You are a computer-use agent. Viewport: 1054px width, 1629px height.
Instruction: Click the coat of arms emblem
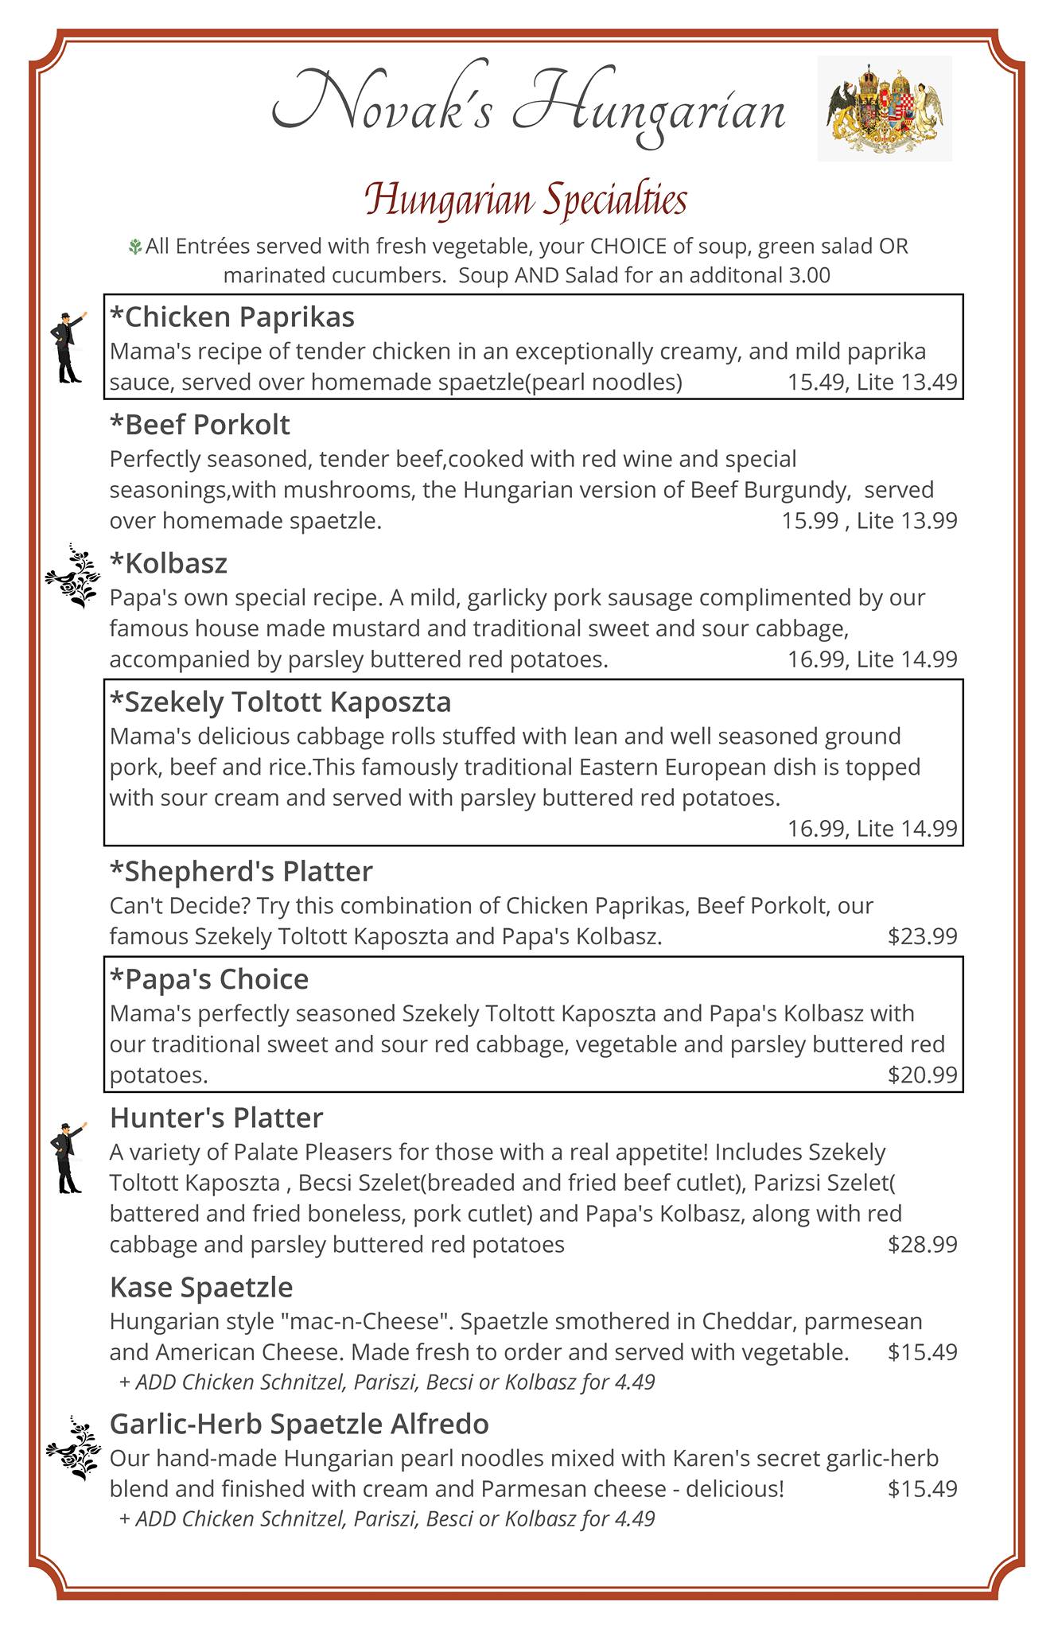point(885,108)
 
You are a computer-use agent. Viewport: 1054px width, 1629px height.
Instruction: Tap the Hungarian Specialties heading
point(526,200)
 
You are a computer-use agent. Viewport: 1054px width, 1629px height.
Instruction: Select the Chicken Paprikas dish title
point(232,317)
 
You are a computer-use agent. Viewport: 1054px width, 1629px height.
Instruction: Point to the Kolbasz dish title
point(169,563)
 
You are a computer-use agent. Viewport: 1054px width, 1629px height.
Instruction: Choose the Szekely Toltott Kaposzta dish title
point(280,702)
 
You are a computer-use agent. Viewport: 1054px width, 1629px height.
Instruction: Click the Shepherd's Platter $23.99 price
point(922,936)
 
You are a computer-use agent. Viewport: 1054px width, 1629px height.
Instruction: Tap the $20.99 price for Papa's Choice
point(922,1075)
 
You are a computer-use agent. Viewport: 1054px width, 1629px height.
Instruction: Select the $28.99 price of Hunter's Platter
point(922,1244)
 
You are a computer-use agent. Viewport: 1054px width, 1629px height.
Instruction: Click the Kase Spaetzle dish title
point(201,1287)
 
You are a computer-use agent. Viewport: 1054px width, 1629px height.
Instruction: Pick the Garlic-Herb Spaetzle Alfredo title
point(299,1424)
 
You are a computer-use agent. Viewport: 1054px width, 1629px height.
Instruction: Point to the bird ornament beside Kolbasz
point(72,577)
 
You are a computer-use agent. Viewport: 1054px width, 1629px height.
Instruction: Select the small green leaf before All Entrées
point(135,247)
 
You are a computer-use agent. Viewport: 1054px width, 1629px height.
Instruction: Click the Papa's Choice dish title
point(209,978)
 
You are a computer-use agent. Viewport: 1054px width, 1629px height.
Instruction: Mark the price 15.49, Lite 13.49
point(872,383)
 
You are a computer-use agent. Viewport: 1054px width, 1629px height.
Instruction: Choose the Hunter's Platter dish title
point(216,1118)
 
